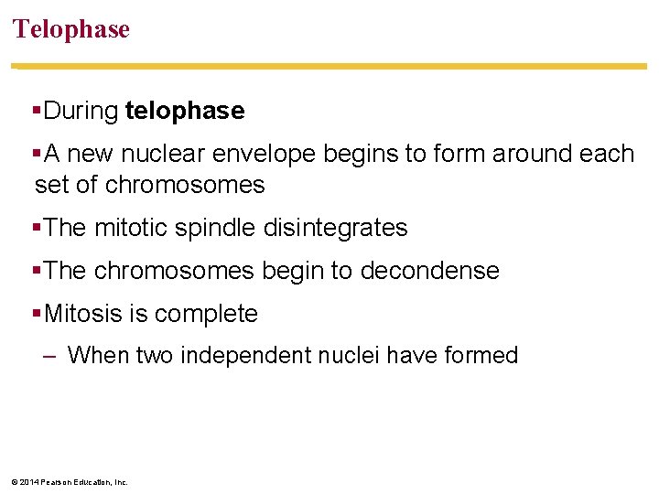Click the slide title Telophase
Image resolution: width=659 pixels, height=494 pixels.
71,29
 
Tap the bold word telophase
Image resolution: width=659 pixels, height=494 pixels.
185,112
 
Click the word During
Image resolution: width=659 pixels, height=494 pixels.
81,112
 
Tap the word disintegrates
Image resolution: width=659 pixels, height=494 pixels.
335,228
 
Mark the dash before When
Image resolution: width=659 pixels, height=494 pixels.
51,355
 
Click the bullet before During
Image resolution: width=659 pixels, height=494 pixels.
37,112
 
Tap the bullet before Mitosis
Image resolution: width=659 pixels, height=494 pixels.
37,314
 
